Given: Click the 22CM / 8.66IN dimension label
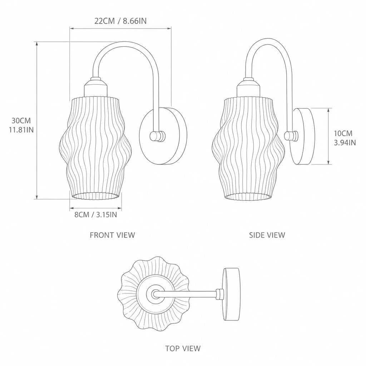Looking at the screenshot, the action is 120,21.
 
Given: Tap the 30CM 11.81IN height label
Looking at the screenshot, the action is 21,125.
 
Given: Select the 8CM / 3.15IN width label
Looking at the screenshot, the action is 96,214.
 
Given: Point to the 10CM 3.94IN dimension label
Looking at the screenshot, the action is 345,138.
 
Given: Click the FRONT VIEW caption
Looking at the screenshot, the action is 113,235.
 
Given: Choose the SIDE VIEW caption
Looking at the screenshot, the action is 267,235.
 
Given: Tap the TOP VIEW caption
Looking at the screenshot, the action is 183,348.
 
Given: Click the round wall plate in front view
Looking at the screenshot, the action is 163,136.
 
